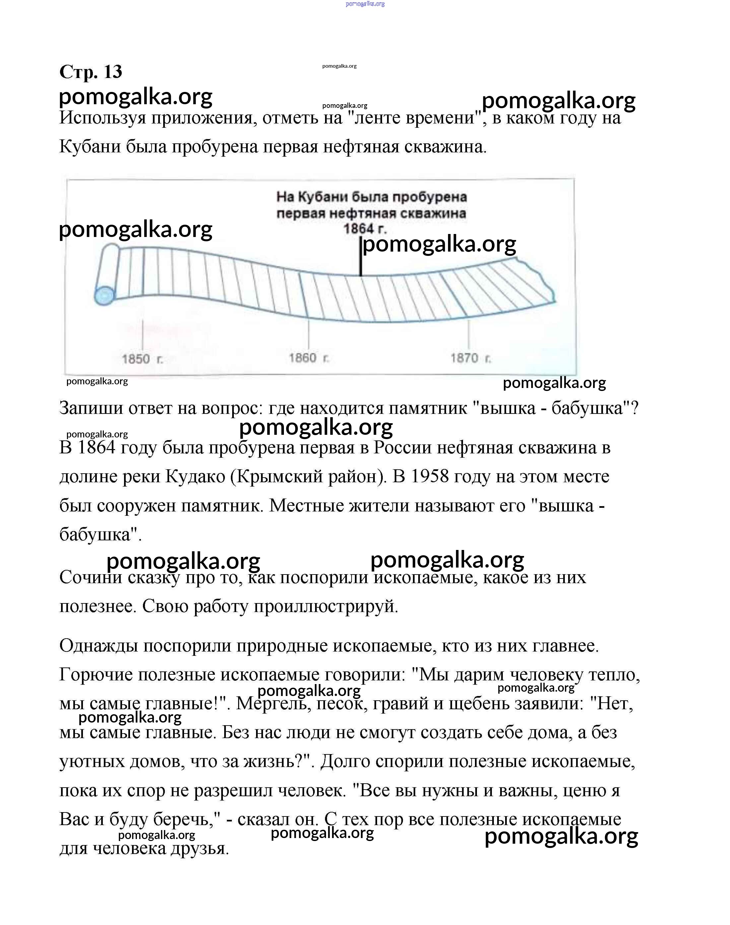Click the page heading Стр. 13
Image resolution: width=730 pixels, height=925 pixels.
coord(91,71)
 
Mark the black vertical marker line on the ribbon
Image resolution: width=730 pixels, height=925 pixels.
coord(361,262)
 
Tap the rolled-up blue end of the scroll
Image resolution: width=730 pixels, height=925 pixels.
coord(105,295)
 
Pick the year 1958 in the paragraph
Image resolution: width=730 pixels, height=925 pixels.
coord(430,476)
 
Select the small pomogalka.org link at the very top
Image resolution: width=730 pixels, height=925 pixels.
coord(365,4)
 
